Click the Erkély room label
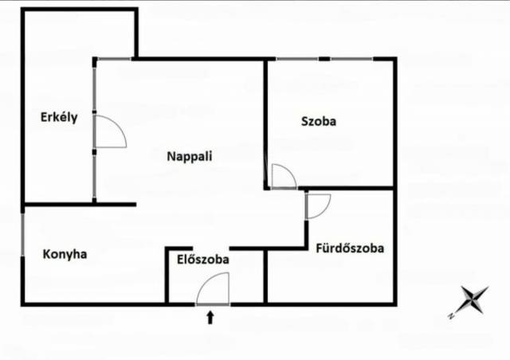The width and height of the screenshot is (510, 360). (59, 117)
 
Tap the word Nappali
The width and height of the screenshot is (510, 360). (190, 156)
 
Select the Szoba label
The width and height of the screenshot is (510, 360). (319, 121)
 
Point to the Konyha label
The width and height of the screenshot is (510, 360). (65, 254)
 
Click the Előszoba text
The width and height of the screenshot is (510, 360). (203, 259)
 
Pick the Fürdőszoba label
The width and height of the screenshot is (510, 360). (350, 248)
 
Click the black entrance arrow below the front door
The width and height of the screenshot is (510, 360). (210, 318)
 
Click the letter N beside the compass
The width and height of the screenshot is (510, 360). (451, 315)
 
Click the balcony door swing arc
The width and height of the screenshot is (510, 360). (117, 125)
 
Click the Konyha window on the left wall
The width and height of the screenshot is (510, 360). (22, 234)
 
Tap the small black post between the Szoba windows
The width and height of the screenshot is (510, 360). (324, 59)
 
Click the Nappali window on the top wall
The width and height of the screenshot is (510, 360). (115, 59)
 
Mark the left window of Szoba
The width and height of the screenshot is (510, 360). (297, 59)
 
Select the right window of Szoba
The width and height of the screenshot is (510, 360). (351, 59)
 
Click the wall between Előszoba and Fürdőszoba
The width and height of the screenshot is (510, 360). (265, 276)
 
